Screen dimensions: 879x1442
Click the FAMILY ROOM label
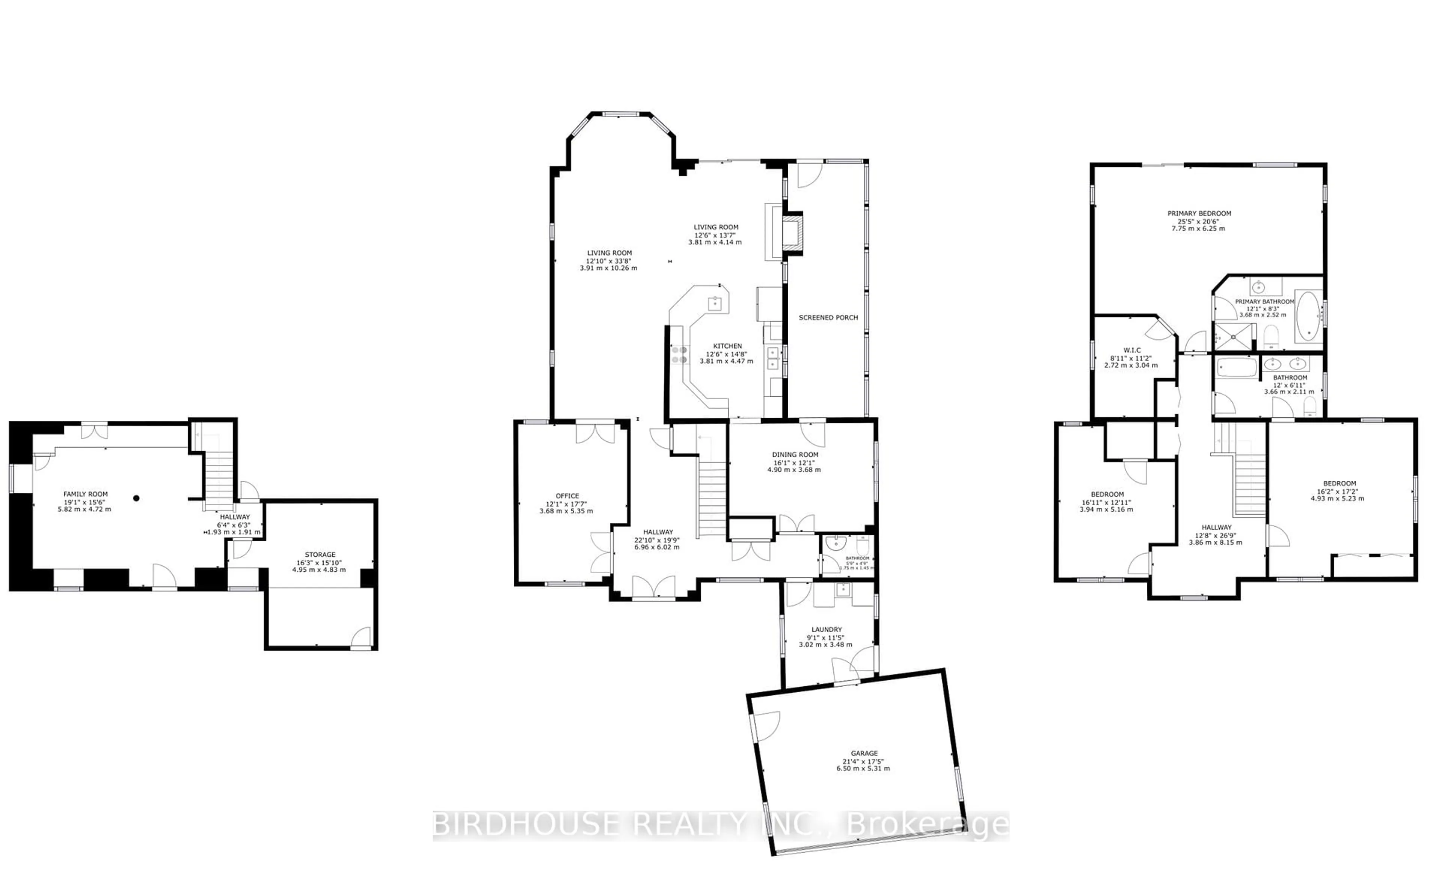86,494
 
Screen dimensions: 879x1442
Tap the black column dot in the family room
136,498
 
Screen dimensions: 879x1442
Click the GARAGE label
864,753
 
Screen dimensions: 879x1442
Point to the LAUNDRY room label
827,630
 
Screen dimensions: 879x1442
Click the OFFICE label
567,496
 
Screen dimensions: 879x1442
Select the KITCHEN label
727,346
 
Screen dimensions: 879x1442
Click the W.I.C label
1132,350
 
